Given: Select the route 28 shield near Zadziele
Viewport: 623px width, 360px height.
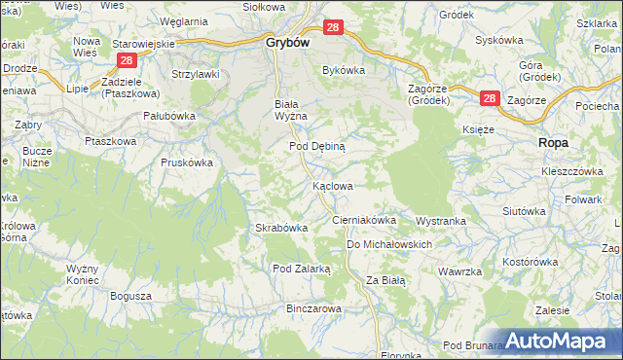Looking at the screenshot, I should pos(126,60).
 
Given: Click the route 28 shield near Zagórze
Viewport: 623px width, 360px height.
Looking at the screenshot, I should pos(489,99).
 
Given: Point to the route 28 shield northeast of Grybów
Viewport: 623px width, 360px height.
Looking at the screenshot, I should pos(333,29).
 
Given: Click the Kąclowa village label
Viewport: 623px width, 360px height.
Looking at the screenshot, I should pos(332,185).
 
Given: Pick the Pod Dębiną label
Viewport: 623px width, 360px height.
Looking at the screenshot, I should pos(316,145).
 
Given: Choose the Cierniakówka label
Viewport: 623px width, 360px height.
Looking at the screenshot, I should pos(364,221).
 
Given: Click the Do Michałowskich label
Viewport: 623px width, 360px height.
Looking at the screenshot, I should pos(388,244).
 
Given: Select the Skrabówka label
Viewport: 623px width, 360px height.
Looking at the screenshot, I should pos(281,228).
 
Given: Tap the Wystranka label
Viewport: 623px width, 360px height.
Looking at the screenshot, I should pos(441,221).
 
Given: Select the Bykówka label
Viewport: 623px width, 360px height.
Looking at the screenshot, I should pos(343,70).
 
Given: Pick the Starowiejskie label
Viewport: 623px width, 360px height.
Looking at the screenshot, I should pos(143,44).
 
